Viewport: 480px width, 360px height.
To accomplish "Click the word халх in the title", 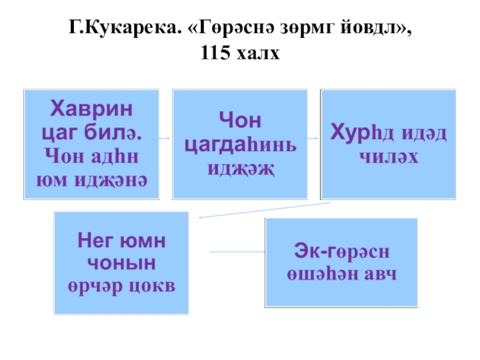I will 260,55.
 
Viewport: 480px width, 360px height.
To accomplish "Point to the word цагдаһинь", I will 240,145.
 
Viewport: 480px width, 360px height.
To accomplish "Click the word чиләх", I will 388,157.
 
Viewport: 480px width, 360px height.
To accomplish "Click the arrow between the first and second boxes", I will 166,137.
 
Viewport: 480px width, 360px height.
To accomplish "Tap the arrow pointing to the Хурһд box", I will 313,137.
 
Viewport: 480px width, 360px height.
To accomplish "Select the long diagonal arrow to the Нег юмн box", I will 264,209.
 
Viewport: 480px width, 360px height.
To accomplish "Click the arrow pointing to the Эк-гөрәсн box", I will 237,251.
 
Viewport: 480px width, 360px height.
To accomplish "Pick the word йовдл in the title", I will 374,28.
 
